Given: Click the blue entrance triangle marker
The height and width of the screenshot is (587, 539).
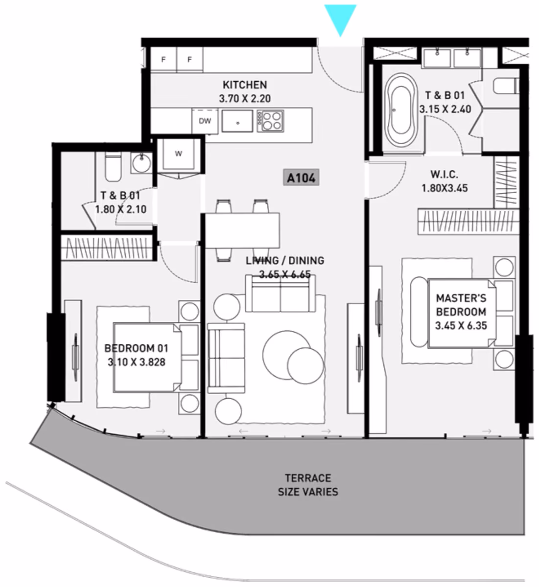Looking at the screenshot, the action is (340, 18).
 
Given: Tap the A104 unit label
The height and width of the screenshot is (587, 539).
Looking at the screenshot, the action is (301, 178).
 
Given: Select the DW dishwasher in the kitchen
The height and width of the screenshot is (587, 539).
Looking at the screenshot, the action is (205, 121).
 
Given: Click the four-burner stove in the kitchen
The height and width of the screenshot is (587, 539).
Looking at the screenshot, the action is (270, 121).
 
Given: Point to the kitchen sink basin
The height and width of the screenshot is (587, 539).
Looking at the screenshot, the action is (237, 121).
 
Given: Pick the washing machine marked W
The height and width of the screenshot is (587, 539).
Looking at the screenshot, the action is (178, 154).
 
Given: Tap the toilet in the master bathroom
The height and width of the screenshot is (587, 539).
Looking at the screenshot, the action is (506, 86).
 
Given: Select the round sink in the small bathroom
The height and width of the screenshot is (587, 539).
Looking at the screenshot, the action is (141, 163).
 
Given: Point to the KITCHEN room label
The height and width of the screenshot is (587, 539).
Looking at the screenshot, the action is (245, 85).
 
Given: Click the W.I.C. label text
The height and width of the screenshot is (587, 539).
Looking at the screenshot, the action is (445, 175).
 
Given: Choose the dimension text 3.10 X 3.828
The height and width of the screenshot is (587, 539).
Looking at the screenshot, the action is (137, 362).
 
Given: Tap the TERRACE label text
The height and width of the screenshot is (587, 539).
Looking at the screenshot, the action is (308, 478).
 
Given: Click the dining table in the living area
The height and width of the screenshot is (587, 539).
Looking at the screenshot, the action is (242, 230).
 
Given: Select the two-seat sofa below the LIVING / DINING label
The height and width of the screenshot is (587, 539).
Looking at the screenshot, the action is (281, 294).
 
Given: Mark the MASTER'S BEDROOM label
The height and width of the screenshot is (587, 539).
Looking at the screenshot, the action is (461, 305).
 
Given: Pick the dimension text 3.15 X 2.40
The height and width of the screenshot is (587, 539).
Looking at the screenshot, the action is (445, 109).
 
